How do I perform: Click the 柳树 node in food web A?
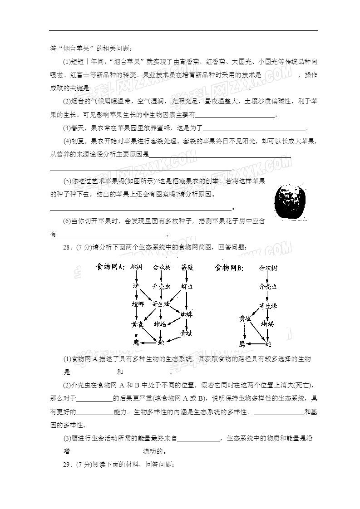[136, 268]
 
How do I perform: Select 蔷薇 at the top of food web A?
[187, 268]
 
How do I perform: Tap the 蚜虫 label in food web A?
[187, 287]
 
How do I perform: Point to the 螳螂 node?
[138, 303]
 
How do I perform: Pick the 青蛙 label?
[186, 333]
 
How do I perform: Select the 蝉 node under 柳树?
[136, 286]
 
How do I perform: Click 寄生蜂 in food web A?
[161, 303]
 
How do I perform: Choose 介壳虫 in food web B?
[268, 287]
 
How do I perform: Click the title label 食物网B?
[229, 268]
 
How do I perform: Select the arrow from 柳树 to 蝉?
[136, 277]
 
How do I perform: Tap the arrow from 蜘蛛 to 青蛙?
[187, 323]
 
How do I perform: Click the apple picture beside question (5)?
[292, 201]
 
